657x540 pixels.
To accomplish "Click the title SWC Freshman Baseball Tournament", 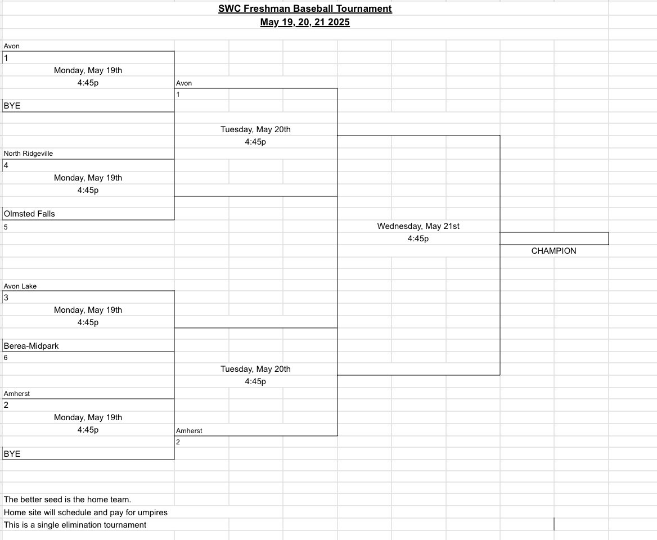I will pos(305,8).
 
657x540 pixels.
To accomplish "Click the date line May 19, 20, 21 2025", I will pos(305,22).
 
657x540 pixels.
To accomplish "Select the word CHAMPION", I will pos(553,251).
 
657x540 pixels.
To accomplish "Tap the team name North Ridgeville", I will pos(28,154).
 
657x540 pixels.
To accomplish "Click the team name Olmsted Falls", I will pos(29,214).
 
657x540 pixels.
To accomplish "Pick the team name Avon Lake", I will pos(20,286).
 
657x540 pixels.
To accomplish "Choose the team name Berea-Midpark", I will pos(31,346).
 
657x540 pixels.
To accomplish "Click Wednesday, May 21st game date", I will pos(418,226).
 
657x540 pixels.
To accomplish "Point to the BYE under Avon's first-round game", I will pos(12,106).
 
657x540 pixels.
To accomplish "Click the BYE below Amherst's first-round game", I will pos(12,453).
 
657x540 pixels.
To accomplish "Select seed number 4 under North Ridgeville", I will pos(6,165).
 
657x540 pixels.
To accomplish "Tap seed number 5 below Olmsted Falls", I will pos(6,227).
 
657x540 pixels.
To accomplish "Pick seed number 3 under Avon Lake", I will pos(6,298).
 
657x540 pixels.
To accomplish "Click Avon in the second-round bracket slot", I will pos(184,83).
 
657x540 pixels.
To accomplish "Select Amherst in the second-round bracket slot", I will pos(189,431).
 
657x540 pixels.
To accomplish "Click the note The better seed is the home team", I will pos(67,499).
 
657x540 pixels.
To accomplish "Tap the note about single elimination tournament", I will pos(75,525).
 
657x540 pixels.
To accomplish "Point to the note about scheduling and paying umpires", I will pos(85,512).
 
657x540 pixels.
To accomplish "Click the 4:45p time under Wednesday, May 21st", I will pos(418,238).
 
